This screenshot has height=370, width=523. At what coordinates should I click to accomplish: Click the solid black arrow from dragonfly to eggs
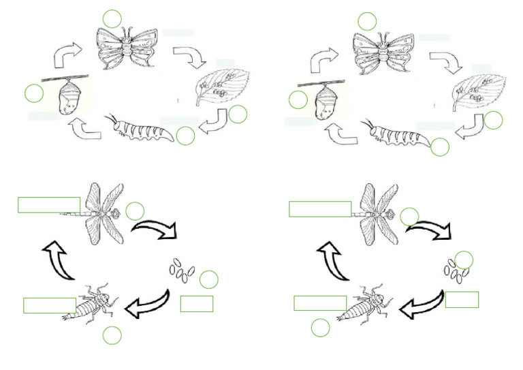153,228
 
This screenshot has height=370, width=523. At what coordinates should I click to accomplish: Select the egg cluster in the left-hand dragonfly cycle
180,270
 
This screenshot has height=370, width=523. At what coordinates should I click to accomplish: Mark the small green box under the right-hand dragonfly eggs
462,299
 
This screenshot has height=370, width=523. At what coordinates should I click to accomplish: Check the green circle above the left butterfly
112,19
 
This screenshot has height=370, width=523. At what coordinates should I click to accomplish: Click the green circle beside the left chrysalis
33,93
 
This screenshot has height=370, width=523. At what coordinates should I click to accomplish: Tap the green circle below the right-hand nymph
321,328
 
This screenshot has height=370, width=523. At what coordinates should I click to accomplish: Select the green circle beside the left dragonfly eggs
208,279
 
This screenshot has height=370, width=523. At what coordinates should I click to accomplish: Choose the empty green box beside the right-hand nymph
320,303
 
